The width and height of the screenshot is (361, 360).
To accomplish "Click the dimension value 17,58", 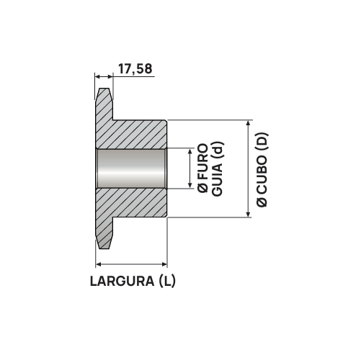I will click(135, 69).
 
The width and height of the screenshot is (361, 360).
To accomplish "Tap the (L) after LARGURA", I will click(166, 281).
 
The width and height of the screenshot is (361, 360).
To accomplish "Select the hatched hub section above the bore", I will click(137, 134).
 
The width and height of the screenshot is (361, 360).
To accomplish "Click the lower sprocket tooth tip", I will click(105, 243).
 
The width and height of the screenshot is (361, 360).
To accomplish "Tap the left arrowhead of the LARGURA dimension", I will click(99, 264).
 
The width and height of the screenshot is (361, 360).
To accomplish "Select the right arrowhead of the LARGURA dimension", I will click(164, 264).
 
